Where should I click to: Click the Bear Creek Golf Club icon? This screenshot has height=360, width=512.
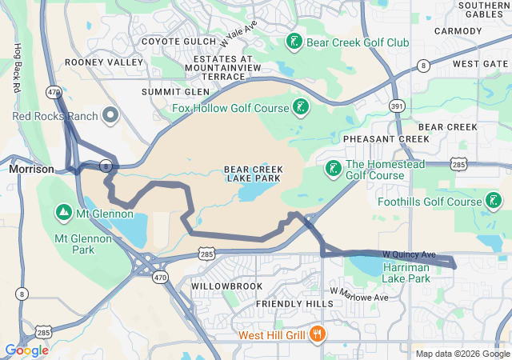pyautogui.click(x=294, y=42)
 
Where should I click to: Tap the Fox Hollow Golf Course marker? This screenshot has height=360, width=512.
pyautogui.click(x=300, y=106)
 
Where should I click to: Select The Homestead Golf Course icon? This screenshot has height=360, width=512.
pyautogui.click(x=332, y=169)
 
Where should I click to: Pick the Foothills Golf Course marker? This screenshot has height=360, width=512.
pyautogui.click(x=494, y=201)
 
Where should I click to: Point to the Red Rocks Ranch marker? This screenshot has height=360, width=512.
pyautogui.click(x=111, y=117)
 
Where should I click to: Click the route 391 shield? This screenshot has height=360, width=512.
pyautogui.click(x=397, y=105)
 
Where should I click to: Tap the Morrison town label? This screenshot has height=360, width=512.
pyautogui.click(x=31, y=170)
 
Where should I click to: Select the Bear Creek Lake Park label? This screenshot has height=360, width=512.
pyautogui.click(x=252, y=174)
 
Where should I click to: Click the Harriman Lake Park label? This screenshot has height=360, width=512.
pyautogui.click(x=412, y=272)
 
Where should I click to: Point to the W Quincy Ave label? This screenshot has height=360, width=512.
pyautogui.click(x=408, y=253)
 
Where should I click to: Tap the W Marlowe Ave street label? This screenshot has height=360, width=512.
pyautogui.click(x=358, y=294)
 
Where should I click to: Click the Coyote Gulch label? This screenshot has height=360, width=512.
pyautogui.click(x=178, y=42)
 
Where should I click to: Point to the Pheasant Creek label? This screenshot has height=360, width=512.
pyautogui.click(x=386, y=139)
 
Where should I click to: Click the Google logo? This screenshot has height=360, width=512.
pyautogui.click(x=26, y=350)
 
